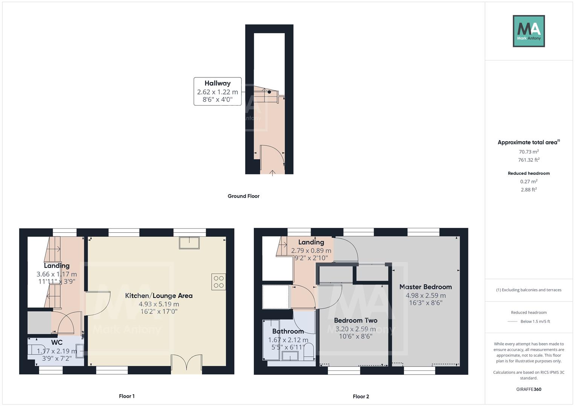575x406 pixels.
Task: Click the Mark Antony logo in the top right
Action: click(528, 31)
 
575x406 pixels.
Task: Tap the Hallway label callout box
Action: click(217, 91)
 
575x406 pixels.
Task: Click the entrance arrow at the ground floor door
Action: click(272, 172)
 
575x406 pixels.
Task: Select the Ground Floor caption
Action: click(243, 196)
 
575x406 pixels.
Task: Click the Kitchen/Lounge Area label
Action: click(159, 295)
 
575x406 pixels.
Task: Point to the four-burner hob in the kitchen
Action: click(219, 282)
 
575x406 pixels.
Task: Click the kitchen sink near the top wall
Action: click(189, 243)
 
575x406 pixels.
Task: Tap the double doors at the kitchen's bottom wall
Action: click(187, 364)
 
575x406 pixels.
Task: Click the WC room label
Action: click(57, 342)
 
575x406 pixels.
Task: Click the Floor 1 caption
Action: click(127, 396)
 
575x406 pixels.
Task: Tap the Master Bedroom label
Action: click(426, 287)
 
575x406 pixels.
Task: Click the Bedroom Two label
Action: click(355, 320)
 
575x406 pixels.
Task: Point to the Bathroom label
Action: click(288, 331)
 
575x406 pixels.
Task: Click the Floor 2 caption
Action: click(361, 396)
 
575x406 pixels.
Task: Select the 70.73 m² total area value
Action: click(529, 152)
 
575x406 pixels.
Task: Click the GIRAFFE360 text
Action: click(529, 389)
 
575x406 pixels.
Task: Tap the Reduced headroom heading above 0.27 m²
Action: click(529, 173)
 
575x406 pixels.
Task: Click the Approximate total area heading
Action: click(528, 142)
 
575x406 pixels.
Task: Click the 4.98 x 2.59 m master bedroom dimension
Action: click(426, 295)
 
